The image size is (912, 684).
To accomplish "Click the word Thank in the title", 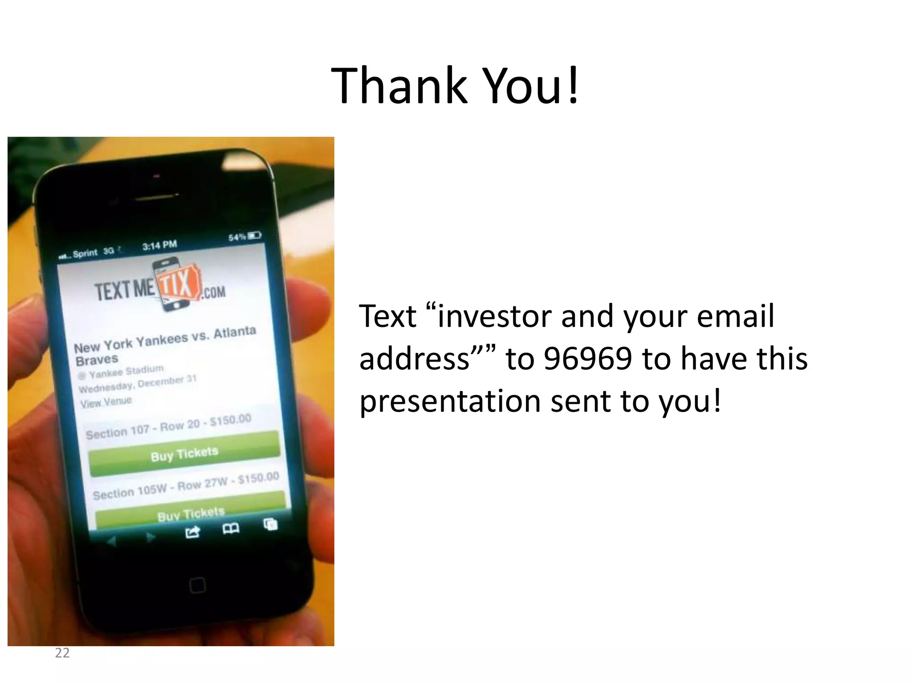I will click(x=399, y=85).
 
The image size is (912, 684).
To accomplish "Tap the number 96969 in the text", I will click(x=588, y=358).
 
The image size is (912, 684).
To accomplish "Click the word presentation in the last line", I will click(x=451, y=401).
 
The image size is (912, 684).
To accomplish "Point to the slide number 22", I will click(x=62, y=653).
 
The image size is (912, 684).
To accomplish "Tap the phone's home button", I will click(x=197, y=585).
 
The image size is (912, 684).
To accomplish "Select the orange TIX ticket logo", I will click(x=178, y=284).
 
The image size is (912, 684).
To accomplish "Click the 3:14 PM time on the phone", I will click(x=159, y=245).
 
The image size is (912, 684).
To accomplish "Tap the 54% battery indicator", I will click(x=244, y=236).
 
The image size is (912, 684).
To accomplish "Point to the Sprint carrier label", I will click(x=85, y=253).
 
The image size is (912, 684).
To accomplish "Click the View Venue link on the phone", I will click(x=106, y=402).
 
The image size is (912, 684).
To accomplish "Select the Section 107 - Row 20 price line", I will click(x=168, y=427).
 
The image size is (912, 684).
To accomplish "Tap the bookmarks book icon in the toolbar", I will click(x=231, y=529).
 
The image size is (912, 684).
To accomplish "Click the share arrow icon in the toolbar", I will click(x=192, y=532).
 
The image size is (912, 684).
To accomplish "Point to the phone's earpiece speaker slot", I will click(x=156, y=196).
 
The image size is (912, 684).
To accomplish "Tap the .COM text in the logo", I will click(x=214, y=292).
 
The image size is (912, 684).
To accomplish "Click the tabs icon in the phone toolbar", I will click(x=270, y=524).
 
